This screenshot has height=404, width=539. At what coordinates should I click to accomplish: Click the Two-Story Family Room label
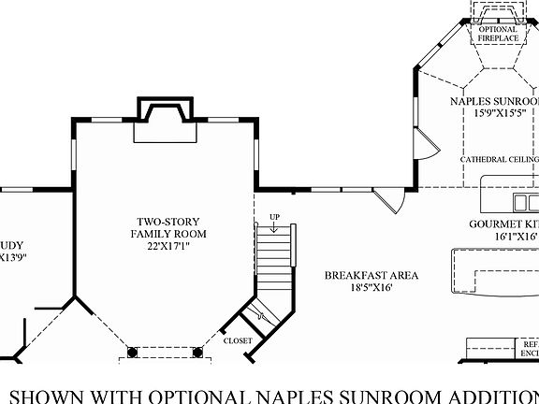[169, 227]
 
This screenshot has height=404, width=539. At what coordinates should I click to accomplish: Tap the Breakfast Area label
[371, 275]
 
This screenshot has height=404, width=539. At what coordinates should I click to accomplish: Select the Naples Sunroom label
[494, 101]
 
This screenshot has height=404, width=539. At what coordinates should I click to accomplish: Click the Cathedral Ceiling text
[498, 160]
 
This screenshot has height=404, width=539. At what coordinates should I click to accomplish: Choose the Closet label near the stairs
[237, 340]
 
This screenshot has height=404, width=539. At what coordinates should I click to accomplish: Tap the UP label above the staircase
[273, 217]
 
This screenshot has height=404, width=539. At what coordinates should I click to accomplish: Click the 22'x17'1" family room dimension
[169, 247]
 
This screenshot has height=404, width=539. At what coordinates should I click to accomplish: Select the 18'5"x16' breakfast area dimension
[371, 288]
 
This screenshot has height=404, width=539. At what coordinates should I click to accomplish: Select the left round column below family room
[132, 353]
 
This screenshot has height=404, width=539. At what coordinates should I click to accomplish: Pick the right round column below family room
[197, 353]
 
